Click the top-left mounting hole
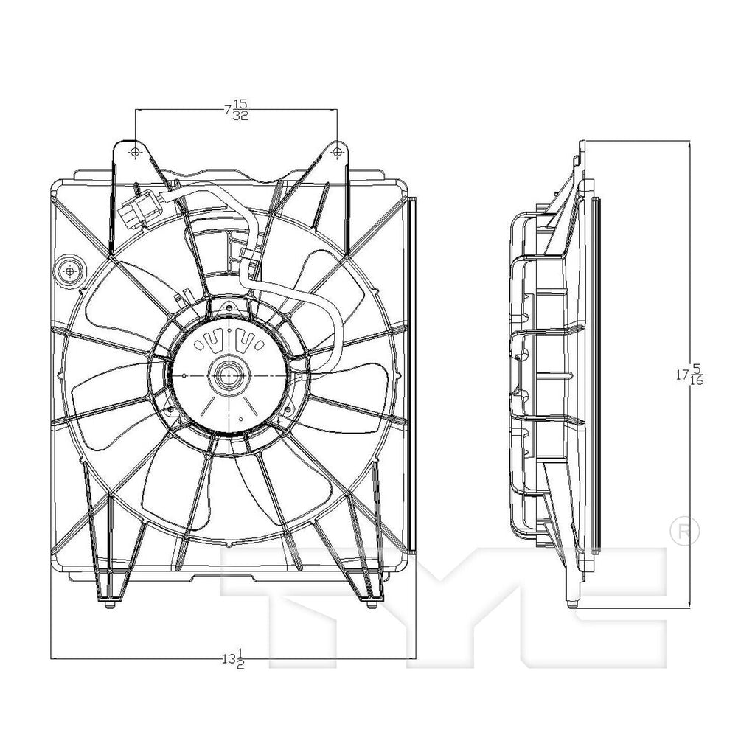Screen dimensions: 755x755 tap(134, 151)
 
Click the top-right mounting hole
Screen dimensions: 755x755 tap(337, 151)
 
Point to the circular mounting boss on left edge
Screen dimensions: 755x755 tap(70, 271)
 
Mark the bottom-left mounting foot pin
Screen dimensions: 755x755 tap(108, 605)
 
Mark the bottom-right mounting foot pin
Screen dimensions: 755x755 tap(369, 605)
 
